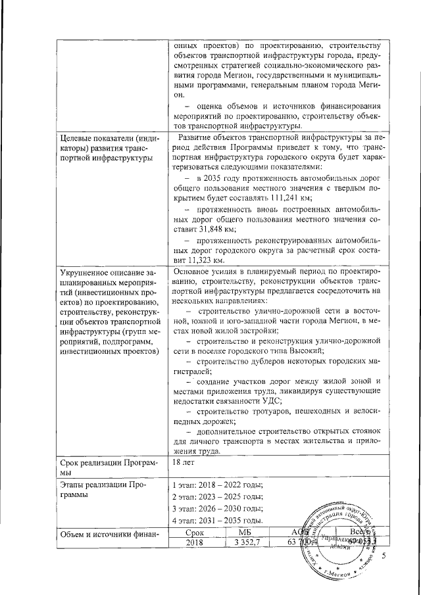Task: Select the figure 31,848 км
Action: tap(201, 229)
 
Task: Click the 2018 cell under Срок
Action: tap(195, 542)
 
